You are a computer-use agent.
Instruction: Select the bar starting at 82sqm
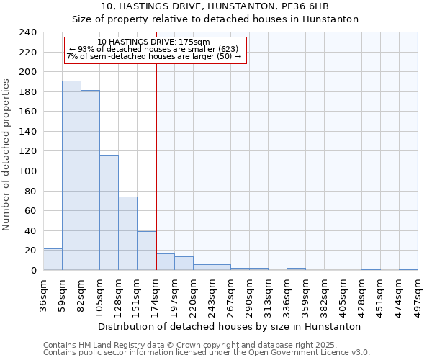coord(90,180)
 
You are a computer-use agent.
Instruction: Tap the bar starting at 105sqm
coord(109,212)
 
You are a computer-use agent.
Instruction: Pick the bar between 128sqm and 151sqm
coord(127,233)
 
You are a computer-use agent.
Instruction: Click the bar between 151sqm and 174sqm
coord(146,251)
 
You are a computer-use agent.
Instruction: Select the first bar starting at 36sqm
coord(53,259)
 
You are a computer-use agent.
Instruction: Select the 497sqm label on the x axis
coord(418,295)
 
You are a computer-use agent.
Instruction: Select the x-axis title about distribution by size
coord(229,326)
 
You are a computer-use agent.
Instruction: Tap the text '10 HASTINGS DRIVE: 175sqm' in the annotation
coord(153,42)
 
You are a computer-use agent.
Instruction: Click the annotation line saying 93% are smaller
coord(153,49)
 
